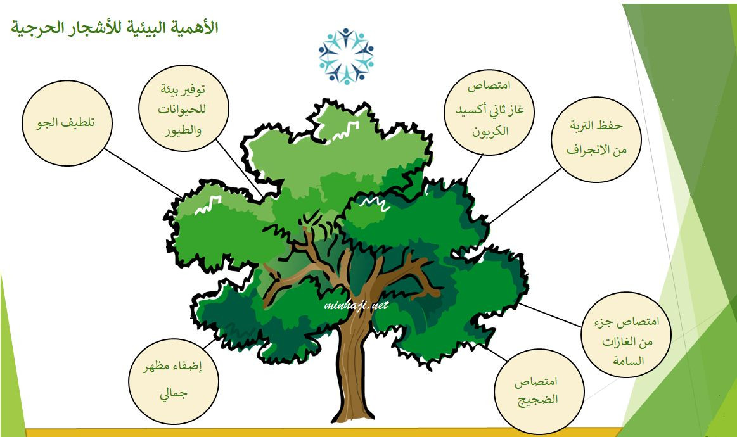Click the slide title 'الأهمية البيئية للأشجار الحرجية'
point(115,28)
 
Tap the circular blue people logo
point(346,56)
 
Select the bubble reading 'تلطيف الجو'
point(67,123)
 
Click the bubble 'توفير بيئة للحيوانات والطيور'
point(184,109)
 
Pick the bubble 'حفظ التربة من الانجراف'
point(596,139)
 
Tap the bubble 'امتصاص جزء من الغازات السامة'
point(626,334)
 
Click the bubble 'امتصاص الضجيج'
point(539,391)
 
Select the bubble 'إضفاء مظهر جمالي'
point(174,381)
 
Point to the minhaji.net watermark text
point(356,305)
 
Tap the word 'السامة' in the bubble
point(629,361)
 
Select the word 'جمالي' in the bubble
point(174,393)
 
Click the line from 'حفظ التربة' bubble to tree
point(525,196)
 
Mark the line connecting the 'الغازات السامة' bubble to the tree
point(550,315)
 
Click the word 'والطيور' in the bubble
point(183,130)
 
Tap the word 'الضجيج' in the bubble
point(538,400)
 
